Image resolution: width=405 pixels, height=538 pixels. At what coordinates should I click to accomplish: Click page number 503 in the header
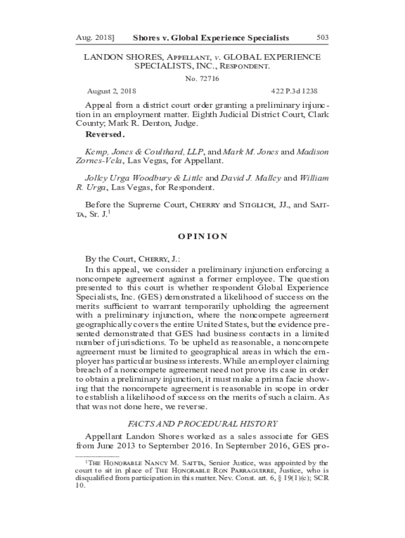point(322,38)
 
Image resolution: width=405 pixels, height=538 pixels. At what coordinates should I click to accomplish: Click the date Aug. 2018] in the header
point(95,38)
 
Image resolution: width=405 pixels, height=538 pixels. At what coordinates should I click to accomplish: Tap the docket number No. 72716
point(202,79)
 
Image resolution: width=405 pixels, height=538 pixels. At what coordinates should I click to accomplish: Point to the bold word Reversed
point(105,134)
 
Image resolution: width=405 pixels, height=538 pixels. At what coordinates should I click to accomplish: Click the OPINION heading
point(202,236)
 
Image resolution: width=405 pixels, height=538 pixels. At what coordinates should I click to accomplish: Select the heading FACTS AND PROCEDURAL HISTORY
point(202,424)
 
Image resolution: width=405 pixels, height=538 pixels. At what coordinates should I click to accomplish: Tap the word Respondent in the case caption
point(244,67)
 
